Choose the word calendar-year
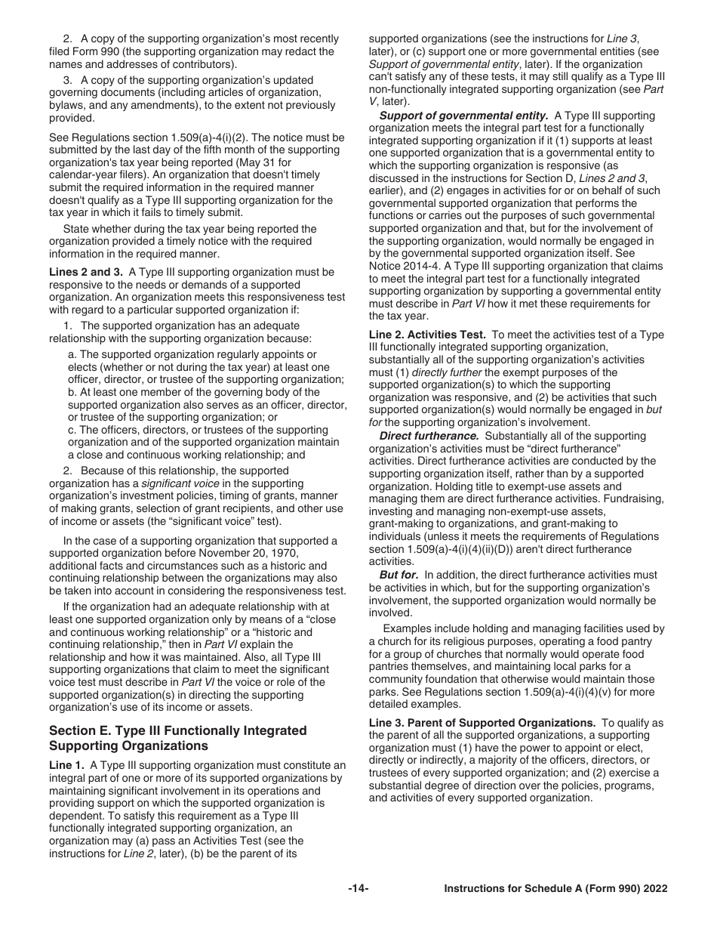pos(83,174)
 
